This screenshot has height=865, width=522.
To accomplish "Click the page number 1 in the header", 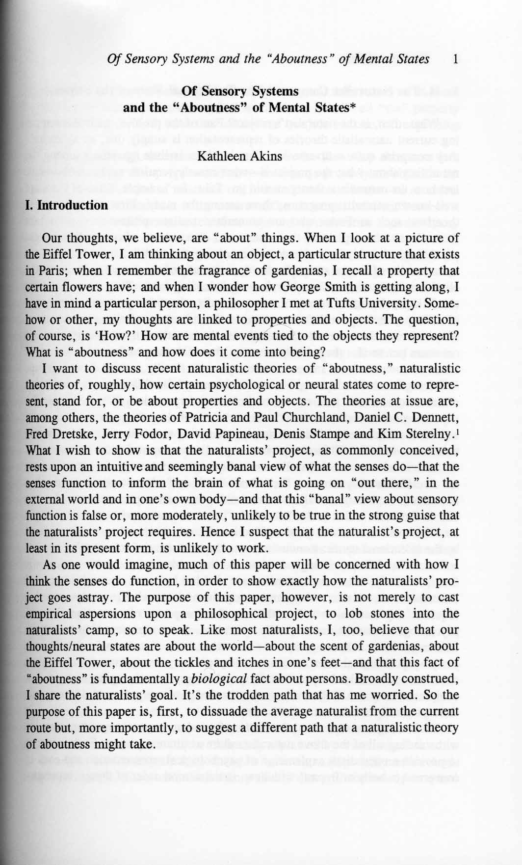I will point(456,60).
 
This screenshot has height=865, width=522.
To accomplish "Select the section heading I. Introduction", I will point(66,205).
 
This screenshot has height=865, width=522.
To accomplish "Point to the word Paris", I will point(51,271).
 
